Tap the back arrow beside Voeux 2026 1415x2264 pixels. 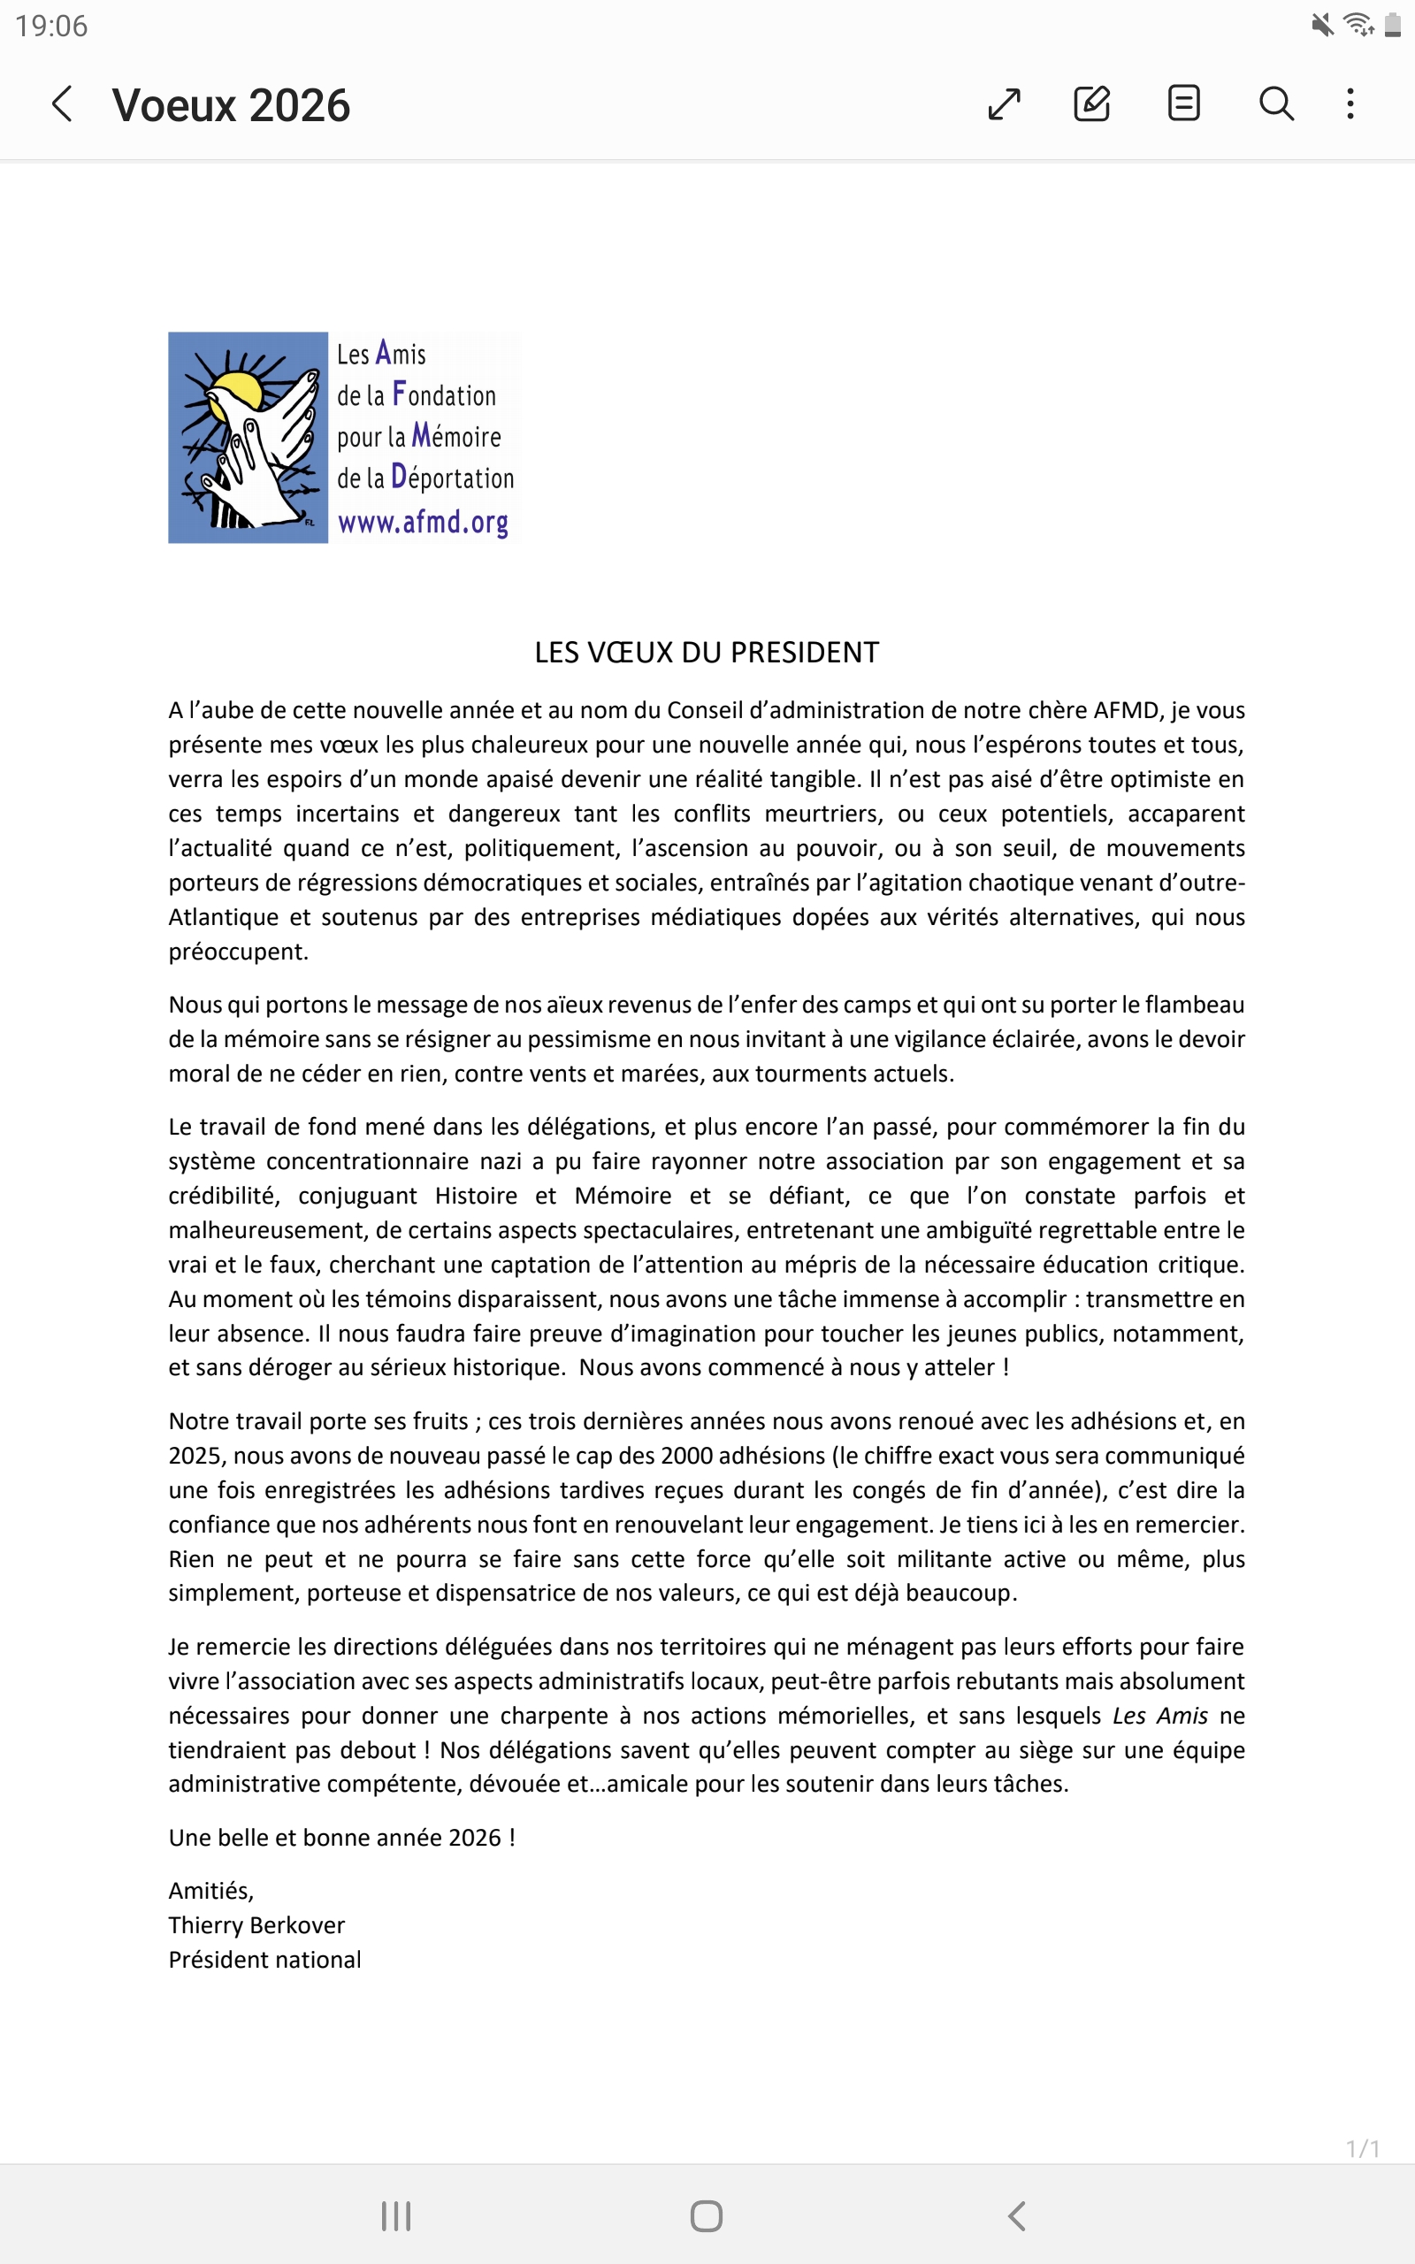click(x=62, y=103)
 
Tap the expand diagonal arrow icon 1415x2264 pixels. click(x=1003, y=103)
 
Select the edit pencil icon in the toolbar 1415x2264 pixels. click(x=1091, y=103)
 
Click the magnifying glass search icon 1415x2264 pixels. click(x=1275, y=103)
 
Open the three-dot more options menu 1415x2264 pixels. click(x=1350, y=103)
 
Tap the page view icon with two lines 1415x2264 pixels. click(x=1183, y=103)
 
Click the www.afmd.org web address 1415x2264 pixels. click(x=423, y=522)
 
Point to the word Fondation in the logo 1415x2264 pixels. click(x=445, y=395)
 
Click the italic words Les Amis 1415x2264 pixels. click(x=1159, y=1716)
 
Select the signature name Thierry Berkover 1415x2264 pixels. click(x=256, y=1925)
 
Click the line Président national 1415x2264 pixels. click(x=264, y=1960)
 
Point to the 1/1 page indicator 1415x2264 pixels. click(x=1362, y=2149)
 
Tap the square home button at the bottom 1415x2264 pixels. click(x=707, y=2215)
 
